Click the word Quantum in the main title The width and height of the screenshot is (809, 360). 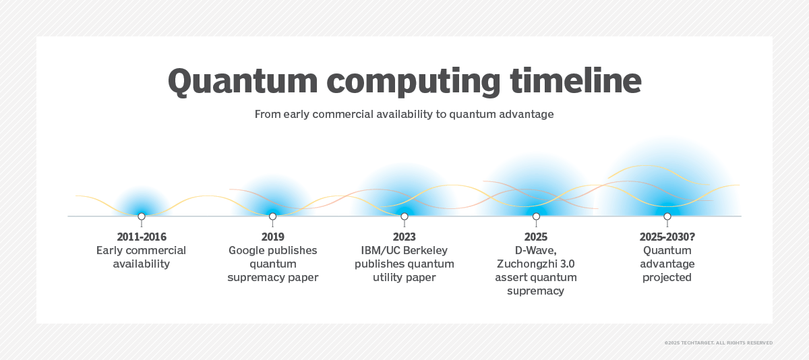pyautogui.click(x=243, y=82)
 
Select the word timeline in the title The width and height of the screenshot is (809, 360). pyautogui.click(x=576, y=80)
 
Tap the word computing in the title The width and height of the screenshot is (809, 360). pyautogui.click(x=413, y=82)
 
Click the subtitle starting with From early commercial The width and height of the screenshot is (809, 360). pyautogui.click(x=404, y=114)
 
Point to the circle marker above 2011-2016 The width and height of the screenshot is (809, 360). pyautogui.click(x=142, y=216)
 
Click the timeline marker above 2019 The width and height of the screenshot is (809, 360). pyautogui.click(x=272, y=216)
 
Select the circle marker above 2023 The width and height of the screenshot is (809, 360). pyautogui.click(x=404, y=216)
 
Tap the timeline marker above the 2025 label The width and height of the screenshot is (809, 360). pyautogui.click(x=537, y=216)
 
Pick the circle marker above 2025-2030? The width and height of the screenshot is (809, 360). pyautogui.click(x=667, y=216)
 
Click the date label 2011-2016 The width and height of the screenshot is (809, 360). pyautogui.click(x=142, y=237)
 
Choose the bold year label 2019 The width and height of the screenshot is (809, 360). pyautogui.click(x=272, y=237)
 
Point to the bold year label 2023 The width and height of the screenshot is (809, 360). pyautogui.click(x=404, y=237)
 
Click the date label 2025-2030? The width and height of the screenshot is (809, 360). pyautogui.click(x=667, y=237)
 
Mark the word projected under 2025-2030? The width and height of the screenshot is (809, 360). pyautogui.click(x=667, y=278)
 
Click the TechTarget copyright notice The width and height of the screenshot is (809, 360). pyautogui.click(x=719, y=342)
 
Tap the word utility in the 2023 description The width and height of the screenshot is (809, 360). pyautogui.click(x=387, y=278)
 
